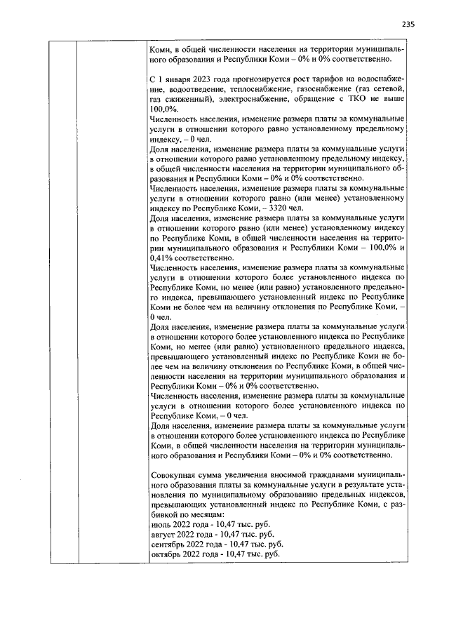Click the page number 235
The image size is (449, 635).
click(x=409, y=24)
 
